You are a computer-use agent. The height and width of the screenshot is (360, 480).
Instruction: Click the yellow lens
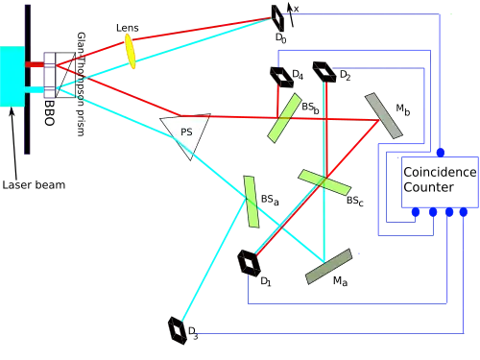[130, 52]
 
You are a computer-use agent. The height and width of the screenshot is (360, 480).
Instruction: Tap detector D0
[277, 18]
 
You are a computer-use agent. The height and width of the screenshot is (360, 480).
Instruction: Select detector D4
[281, 77]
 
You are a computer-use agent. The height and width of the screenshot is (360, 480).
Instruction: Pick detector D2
[324, 72]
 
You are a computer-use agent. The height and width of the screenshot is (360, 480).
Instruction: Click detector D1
[248, 263]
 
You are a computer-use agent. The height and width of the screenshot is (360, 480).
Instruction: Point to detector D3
[178, 330]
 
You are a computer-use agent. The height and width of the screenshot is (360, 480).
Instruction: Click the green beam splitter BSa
[252, 202]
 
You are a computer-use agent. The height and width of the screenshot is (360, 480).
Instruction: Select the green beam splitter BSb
[284, 118]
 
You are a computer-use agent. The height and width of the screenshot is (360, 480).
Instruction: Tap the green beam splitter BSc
[324, 182]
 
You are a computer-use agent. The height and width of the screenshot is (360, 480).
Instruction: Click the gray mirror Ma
[328, 266]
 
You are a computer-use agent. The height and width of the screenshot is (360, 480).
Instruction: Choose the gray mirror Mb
[384, 115]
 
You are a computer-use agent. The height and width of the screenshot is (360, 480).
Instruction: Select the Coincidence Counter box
[440, 181]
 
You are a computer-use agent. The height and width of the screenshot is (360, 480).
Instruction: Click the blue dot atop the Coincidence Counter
[441, 153]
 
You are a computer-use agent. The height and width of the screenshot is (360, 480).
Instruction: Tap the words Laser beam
[34, 185]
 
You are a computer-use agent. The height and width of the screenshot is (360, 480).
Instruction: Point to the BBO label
[49, 112]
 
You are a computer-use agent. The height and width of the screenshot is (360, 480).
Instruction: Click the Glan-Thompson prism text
[81, 84]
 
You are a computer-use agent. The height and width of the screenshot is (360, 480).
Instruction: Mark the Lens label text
[128, 28]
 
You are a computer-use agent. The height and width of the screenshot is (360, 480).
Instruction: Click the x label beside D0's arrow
[296, 10]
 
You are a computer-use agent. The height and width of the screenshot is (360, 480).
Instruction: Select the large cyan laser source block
[12, 76]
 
